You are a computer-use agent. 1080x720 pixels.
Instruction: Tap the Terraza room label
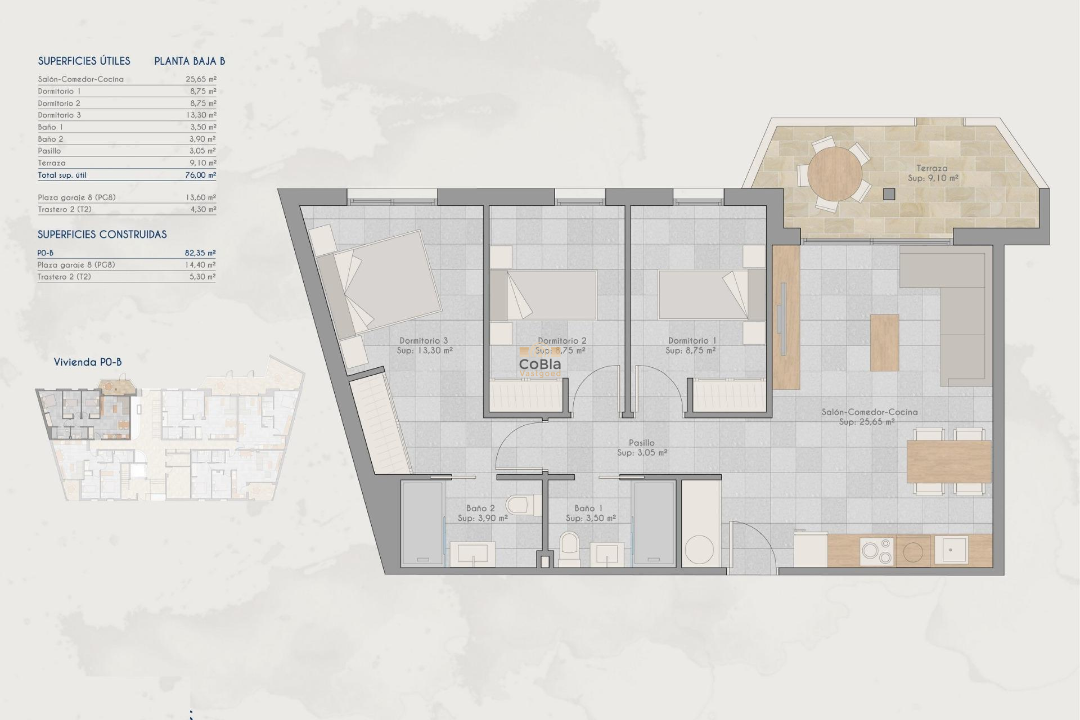(932, 168)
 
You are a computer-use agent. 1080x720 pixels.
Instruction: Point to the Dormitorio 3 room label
(424, 341)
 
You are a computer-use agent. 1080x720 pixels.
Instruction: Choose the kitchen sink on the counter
(951, 550)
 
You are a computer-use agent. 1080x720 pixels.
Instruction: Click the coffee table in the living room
(884, 343)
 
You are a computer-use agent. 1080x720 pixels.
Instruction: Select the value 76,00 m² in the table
(200, 175)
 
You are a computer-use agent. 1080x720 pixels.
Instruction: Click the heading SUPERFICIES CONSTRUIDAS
(102, 235)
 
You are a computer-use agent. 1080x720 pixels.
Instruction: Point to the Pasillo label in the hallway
(641, 443)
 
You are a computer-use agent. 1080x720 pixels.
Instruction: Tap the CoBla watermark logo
(539, 365)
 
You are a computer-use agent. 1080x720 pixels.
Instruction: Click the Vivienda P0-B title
(88, 362)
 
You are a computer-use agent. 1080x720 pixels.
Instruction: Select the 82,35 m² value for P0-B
(200, 253)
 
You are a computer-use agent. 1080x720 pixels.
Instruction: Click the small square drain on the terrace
(889, 194)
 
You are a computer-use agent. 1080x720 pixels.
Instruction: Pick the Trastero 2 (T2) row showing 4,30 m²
(127, 209)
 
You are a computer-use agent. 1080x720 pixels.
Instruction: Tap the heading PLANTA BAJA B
(190, 61)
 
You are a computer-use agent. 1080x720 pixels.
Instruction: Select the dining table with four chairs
(948, 461)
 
